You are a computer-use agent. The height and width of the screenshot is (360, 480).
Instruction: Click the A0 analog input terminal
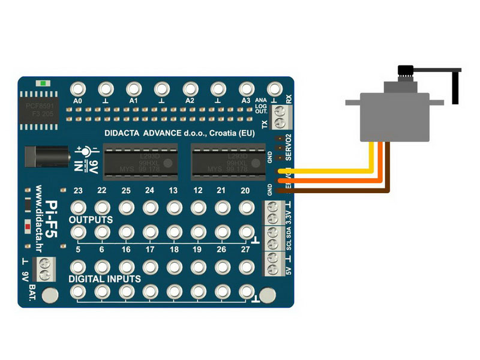[x=77, y=89]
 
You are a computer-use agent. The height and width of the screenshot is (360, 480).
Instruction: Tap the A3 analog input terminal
[x=245, y=89]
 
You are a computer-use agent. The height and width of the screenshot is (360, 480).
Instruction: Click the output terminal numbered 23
[x=78, y=208]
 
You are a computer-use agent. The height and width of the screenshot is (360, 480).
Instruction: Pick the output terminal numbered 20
[x=245, y=208]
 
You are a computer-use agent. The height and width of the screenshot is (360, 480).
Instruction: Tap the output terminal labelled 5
[x=78, y=231]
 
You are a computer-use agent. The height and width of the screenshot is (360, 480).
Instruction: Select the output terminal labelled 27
[x=245, y=231]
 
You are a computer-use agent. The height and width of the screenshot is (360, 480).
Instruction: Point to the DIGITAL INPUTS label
[x=105, y=279]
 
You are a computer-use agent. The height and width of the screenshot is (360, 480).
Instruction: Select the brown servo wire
[x=336, y=191]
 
